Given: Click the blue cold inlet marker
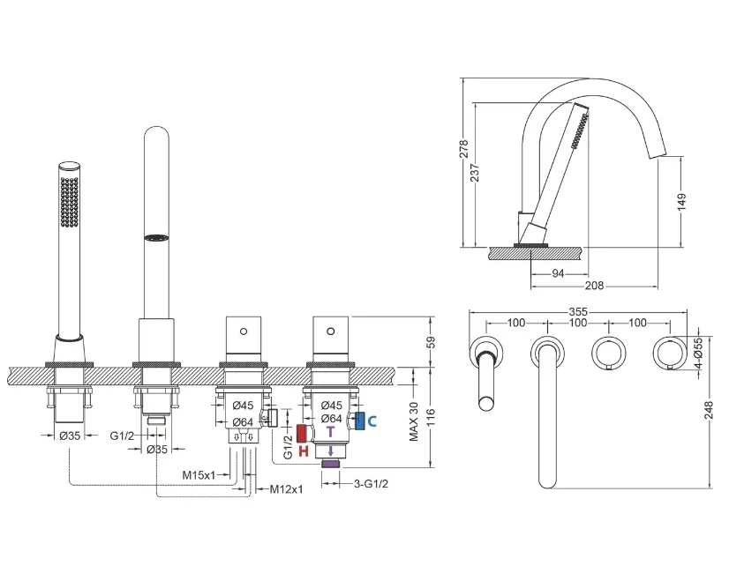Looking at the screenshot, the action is (x=360, y=421).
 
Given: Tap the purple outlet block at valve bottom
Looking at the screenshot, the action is (x=331, y=464).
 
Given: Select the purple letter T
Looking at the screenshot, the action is (x=330, y=432).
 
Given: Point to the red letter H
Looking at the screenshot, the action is (x=303, y=451).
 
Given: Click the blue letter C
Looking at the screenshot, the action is (x=372, y=421).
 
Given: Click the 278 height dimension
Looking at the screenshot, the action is (x=463, y=149).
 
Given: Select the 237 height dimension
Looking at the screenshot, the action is (x=475, y=172).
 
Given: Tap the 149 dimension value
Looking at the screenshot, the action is (x=681, y=202).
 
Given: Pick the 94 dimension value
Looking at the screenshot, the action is (x=558, y=274).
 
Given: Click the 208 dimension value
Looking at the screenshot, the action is (x=594, y=286).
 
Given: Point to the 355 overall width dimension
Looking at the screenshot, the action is (x=578, y=311).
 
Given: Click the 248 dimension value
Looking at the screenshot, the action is (x=708, y=411).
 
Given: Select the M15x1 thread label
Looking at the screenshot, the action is (x=199, y=474).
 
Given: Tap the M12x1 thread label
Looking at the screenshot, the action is (x=286, y=489).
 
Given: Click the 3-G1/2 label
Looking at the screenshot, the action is (x=371, y=483).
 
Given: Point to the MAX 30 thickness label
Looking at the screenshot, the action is (x=414, y=421).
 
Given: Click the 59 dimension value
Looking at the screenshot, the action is (x=431, y=342).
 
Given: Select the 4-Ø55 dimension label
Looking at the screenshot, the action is (x=699, y=354).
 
